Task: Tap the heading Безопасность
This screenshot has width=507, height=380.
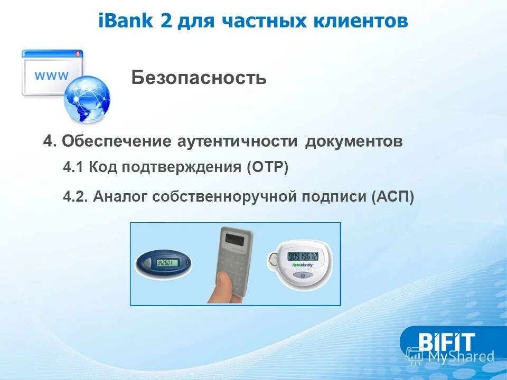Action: coord(199,79)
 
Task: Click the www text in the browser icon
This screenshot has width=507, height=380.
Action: coord(51,75)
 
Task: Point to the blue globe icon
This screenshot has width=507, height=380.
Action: coord(88,100)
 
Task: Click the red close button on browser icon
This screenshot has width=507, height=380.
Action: coord(78,53)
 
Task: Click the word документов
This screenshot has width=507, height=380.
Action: coord(354,141)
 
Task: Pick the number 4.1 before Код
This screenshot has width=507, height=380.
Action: coord(73,168)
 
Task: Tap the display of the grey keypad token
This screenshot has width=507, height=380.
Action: coord(236,238)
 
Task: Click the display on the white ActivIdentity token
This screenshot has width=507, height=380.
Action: coord(303,256)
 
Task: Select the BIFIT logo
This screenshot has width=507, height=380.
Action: coord(446,341)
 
